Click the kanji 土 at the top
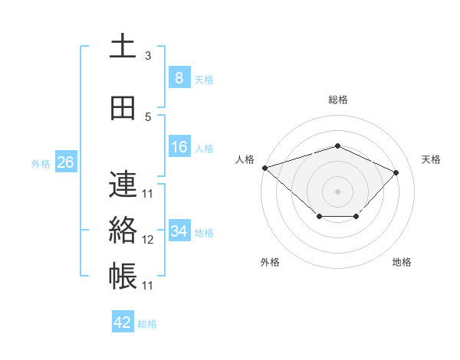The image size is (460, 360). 123,45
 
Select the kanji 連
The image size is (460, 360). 123,185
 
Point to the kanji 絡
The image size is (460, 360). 123,230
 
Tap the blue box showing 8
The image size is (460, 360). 179,77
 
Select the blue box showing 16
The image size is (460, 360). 179,147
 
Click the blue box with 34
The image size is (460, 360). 179,231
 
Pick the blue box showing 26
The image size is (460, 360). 65,162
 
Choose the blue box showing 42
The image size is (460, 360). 123,322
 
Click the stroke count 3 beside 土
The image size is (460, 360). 148,55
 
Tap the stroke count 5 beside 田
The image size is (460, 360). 148,117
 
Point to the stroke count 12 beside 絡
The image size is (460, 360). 148,240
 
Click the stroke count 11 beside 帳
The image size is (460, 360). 148,286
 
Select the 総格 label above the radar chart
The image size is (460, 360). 337,100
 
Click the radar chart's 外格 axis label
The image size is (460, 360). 270,262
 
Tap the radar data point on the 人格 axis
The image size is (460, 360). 264,168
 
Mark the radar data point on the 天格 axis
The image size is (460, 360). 396,172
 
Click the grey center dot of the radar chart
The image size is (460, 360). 337,191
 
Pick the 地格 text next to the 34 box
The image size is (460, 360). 204,232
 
